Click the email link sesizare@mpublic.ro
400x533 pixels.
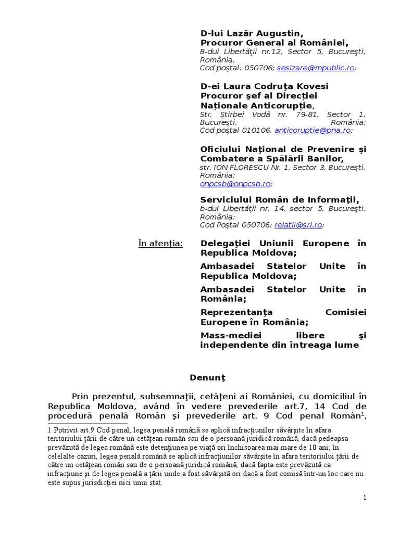coord(316,68)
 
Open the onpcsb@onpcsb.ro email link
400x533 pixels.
coord(235,184)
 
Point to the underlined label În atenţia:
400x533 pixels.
coord(160,243)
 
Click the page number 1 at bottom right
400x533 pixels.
coord(365,498)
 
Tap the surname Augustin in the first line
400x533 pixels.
coord(279,33)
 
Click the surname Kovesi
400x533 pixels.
coord(310,86)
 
